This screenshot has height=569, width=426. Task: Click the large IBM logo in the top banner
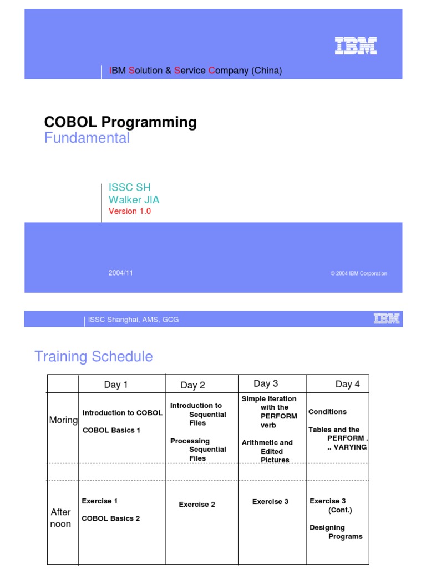[x=356, y=46]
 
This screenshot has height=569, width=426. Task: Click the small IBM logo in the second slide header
[x=387, y=318]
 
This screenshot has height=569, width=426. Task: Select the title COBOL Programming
[x=120, y=122]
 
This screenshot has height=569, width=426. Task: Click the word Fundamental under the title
[x=87, y=138]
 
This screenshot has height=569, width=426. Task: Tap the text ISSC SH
[x=129, y=188]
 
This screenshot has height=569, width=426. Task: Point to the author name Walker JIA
[x=134, y=200]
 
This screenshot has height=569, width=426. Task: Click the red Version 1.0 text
[x=130, y=211]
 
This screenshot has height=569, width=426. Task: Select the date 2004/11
[x=120, y=273]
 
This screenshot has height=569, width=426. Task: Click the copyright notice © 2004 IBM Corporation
[x=358, y=273]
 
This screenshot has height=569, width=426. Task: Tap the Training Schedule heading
[x=93, y=356]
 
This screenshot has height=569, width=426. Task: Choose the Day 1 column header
[x=116, y=385]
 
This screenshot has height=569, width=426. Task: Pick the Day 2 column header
[x=193, y=385]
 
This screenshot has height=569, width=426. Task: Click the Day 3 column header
[x=266, y=383]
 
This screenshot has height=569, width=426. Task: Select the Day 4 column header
[x=347, y=384]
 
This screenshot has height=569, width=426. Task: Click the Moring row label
[x=63, y=420]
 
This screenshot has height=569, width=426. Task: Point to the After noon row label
[x=60, y=518]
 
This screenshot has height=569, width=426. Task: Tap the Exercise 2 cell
[x=197, y=505]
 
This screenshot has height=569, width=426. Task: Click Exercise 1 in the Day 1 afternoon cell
[x=100, y=501]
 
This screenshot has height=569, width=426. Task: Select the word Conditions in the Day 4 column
[x=327, y=412]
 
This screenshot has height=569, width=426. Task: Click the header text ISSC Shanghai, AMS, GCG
[x=133, y=320]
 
